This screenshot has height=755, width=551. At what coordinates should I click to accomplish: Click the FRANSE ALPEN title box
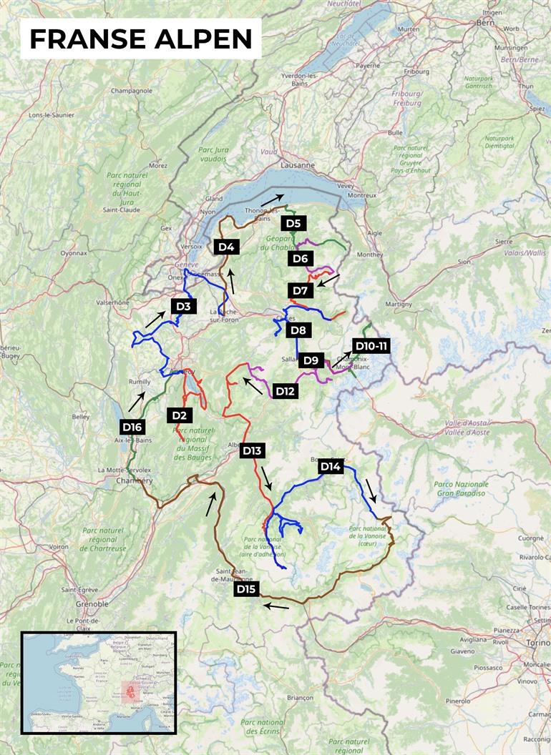pyautogui.click(x=140, y=39)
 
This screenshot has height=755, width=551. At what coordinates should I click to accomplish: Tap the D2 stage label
pyautogui.click(x=179, y=415)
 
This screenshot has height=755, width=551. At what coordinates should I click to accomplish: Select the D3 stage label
pyautogui.click(x=183, y=307)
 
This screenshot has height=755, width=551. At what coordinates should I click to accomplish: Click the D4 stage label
pyautogui.click(x=225, y=247)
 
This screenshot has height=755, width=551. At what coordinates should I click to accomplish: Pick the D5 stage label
pyautogui.click(x=293, y=223)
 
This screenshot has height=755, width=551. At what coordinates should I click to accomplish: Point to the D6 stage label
pyautogui.click(x=301, y=258)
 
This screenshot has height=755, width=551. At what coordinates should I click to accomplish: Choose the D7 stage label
pyautogui.click(x=300, y=290)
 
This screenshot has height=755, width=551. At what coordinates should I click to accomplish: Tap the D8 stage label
pyautogui.click(x=298, y=330)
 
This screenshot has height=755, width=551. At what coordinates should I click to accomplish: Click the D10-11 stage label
pyautogui.click(x=371, y=346)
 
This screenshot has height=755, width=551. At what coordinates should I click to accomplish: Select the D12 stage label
pyautogui.click(x=284, y=391)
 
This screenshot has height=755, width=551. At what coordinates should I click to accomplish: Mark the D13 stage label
pyautogui.click(x=252, y=450)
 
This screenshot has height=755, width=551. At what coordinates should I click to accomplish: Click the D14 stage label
pyautogui.click(x=330, y=467)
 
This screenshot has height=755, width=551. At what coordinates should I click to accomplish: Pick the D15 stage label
pyautogui.click(x=245, y=589)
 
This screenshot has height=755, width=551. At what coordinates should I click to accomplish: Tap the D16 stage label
pyautogui.click(x=132, y=427)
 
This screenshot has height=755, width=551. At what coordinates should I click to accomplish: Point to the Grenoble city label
pyautogui.click(x=92, y=604)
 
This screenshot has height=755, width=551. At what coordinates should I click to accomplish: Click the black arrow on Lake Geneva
pyautogui.click(x=272, y=199)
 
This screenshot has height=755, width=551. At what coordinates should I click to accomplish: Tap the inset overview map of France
pyautogui.click(x=99, y=682)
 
